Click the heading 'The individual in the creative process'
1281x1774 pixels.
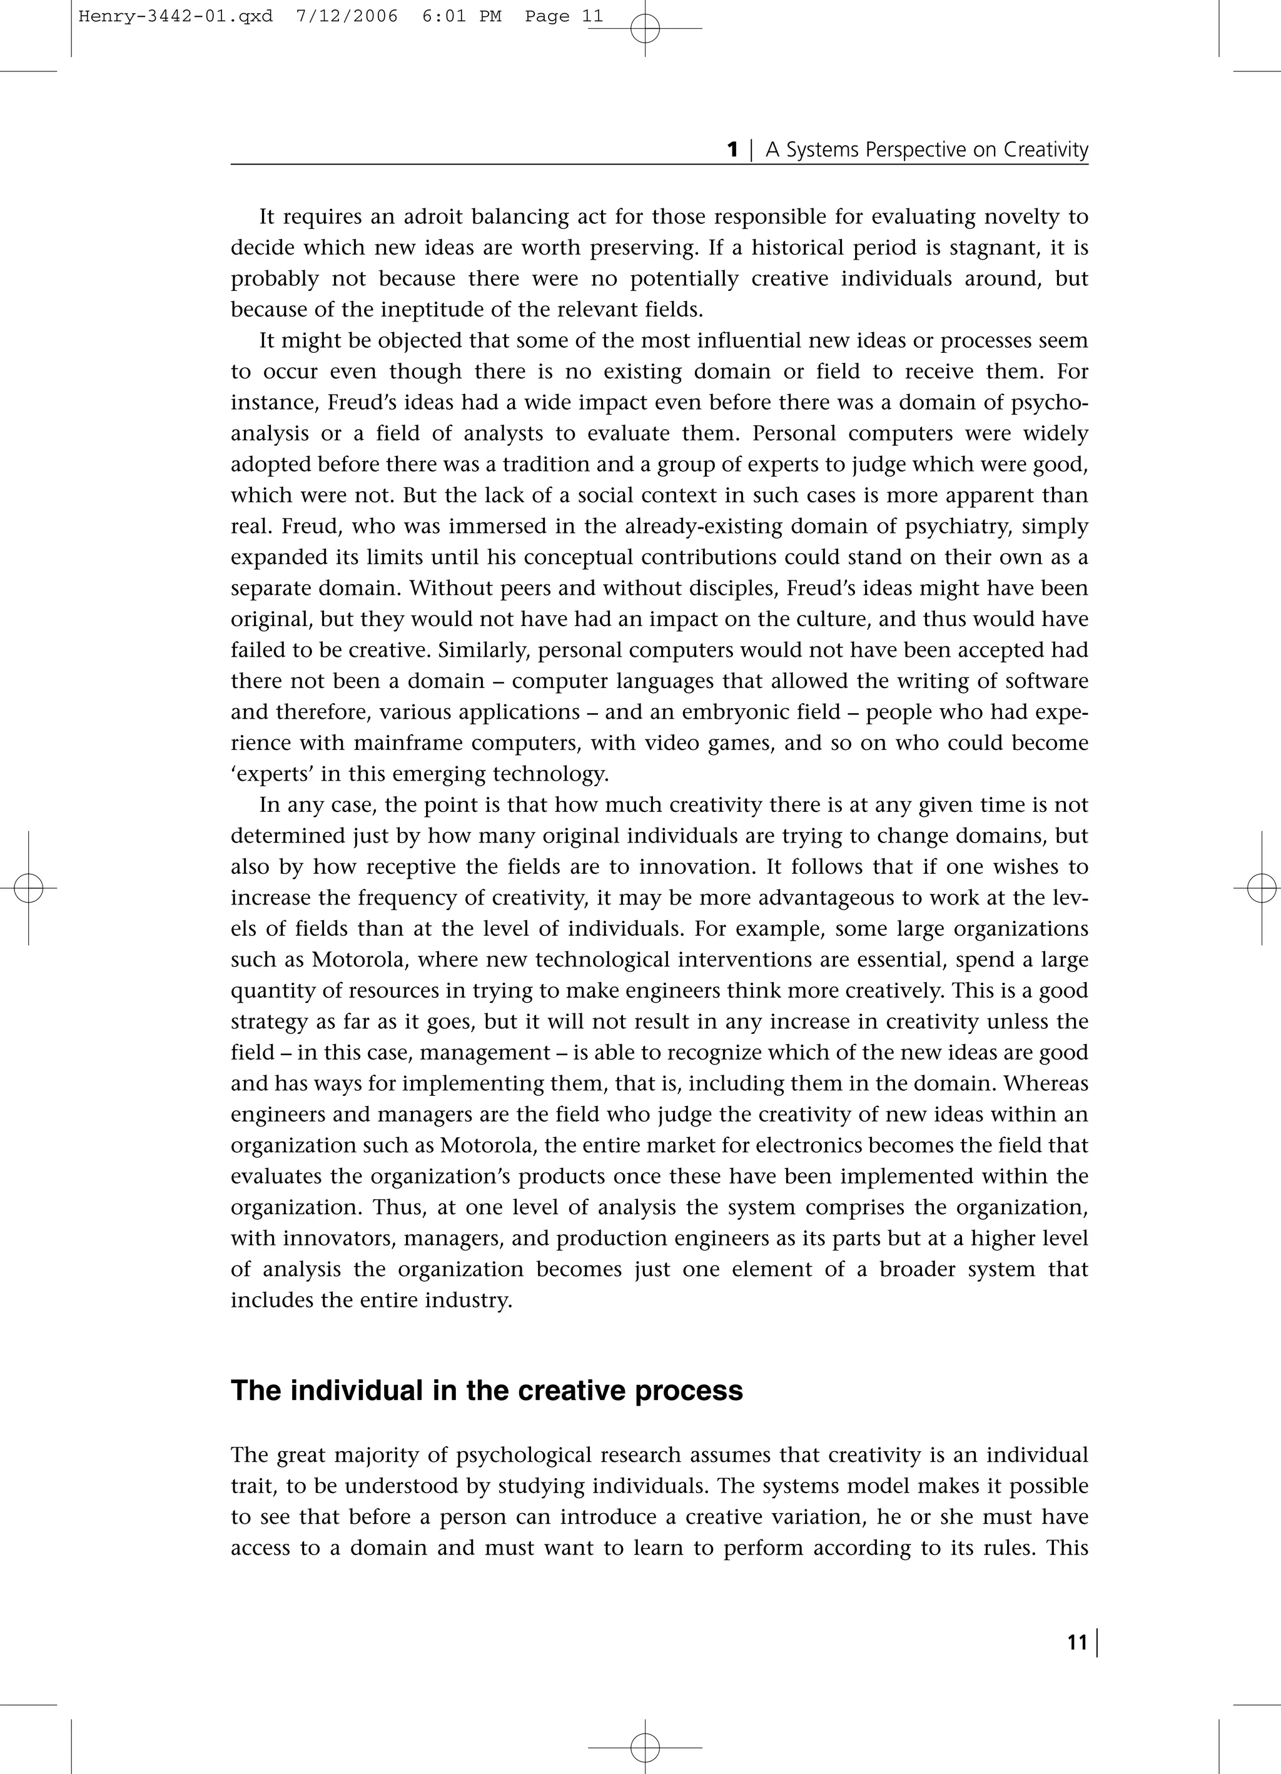tap(487, 1391)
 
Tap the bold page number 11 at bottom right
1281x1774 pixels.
tap(1077, 1643)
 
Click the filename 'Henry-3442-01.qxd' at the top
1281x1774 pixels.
tap(176, 16)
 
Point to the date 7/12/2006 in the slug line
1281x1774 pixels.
tap(347, 16)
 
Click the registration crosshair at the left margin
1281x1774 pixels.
tap(28, 889)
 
